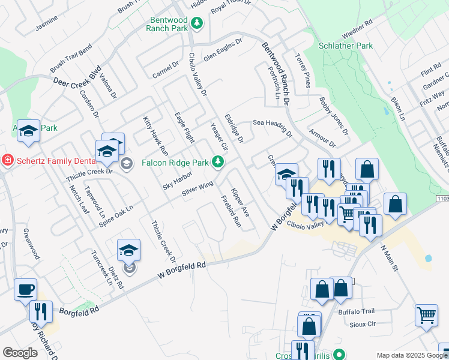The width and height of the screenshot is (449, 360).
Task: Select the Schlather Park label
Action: coord(346,46)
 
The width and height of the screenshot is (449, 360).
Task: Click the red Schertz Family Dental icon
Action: coord(7,160)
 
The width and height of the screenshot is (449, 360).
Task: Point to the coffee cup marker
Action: coord(25,290)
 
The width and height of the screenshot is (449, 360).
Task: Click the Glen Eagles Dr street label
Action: coord(222,50)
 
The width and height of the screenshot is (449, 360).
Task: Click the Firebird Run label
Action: coord(231,211)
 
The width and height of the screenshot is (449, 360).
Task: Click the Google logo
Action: coord(20,353)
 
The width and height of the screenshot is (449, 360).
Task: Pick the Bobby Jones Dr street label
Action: coord(333,115)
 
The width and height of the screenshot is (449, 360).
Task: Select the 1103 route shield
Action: coord(441,198)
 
